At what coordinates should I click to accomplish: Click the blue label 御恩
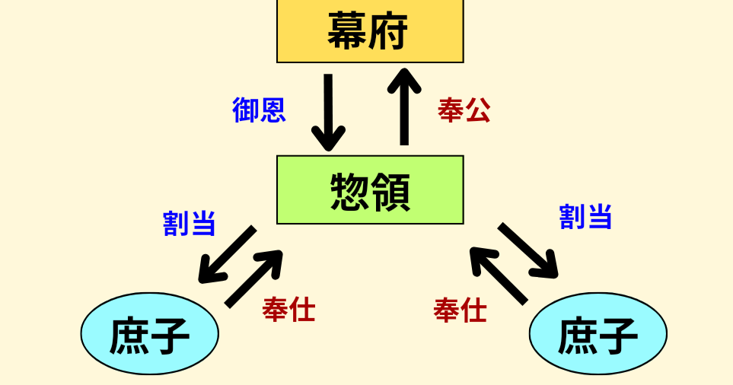pos(259,111)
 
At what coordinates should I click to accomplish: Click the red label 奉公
pos(464,111)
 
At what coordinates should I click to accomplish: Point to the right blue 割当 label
pos(585,217)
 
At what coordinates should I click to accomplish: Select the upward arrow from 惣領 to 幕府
pos(404,107)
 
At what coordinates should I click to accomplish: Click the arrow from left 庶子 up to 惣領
pos(254,278)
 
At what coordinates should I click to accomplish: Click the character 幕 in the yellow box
pos(348,31)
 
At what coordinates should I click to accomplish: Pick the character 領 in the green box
pos(390,192)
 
